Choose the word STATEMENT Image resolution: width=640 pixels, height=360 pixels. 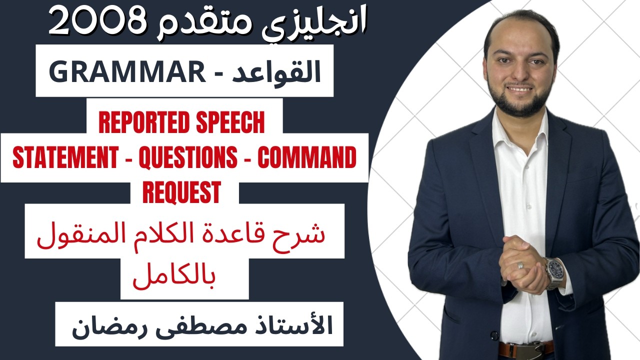tap(63, 158)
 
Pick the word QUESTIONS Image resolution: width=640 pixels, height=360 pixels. tap(188, 158)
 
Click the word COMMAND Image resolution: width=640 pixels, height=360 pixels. tap(306, 158)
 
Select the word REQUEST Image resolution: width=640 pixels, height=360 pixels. tap(181, 192)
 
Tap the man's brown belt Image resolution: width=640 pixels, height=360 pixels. tap(525, 348)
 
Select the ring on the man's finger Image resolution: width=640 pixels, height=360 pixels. tap(520, 265)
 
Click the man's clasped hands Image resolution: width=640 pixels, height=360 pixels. tap(525, 262)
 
